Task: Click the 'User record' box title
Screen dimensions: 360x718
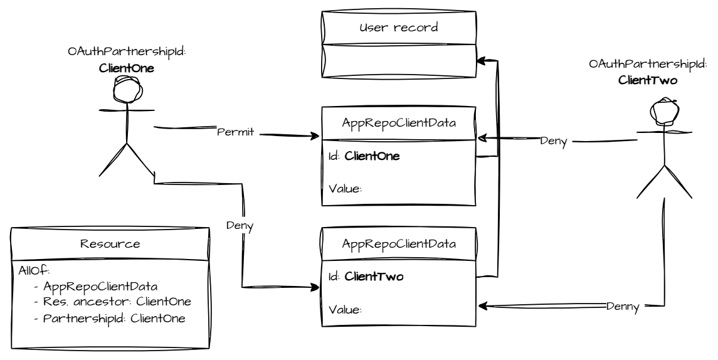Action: click(399, 28)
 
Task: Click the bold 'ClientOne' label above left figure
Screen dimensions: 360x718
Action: click(127, 68)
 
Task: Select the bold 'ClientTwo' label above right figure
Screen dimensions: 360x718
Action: click(648, 80)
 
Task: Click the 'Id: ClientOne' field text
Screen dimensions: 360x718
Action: click(364, 156)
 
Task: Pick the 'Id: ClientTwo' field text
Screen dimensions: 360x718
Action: click(366, 277)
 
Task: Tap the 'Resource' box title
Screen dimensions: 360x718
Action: click(110, 244)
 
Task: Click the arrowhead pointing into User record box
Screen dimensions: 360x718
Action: click(480, 60)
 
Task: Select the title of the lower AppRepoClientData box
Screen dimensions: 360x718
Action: click(399, 245)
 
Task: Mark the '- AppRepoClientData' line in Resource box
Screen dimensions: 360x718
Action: click(91, 286)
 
